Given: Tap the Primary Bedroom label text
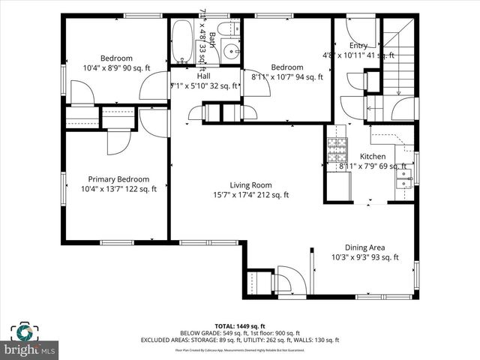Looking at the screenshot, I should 118,179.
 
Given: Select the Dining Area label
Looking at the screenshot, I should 364,247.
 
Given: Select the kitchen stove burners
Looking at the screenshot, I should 334,151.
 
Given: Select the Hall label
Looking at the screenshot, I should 204,76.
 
